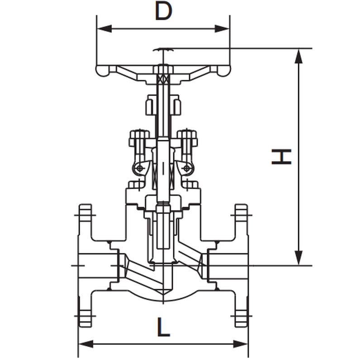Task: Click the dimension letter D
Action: point(163,11)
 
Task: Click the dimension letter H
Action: point(281,157)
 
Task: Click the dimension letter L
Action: point(164,327)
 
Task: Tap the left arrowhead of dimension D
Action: point(105,29)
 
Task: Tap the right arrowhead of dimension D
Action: point(222,29)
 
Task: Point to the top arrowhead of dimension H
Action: point(299,56)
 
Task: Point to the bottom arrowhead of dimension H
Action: point(299,258)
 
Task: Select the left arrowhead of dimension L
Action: point(86,344)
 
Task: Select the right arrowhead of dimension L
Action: point(241,344)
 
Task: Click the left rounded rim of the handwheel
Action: point(102,71)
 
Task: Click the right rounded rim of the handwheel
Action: point(224,71)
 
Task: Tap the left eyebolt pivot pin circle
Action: point(140,168)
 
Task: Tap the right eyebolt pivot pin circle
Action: point(187,168)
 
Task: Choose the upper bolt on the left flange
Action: point(86,214)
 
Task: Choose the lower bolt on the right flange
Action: point(241,318)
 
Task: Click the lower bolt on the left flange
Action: point(86,318)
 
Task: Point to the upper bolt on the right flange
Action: point(241,214)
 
